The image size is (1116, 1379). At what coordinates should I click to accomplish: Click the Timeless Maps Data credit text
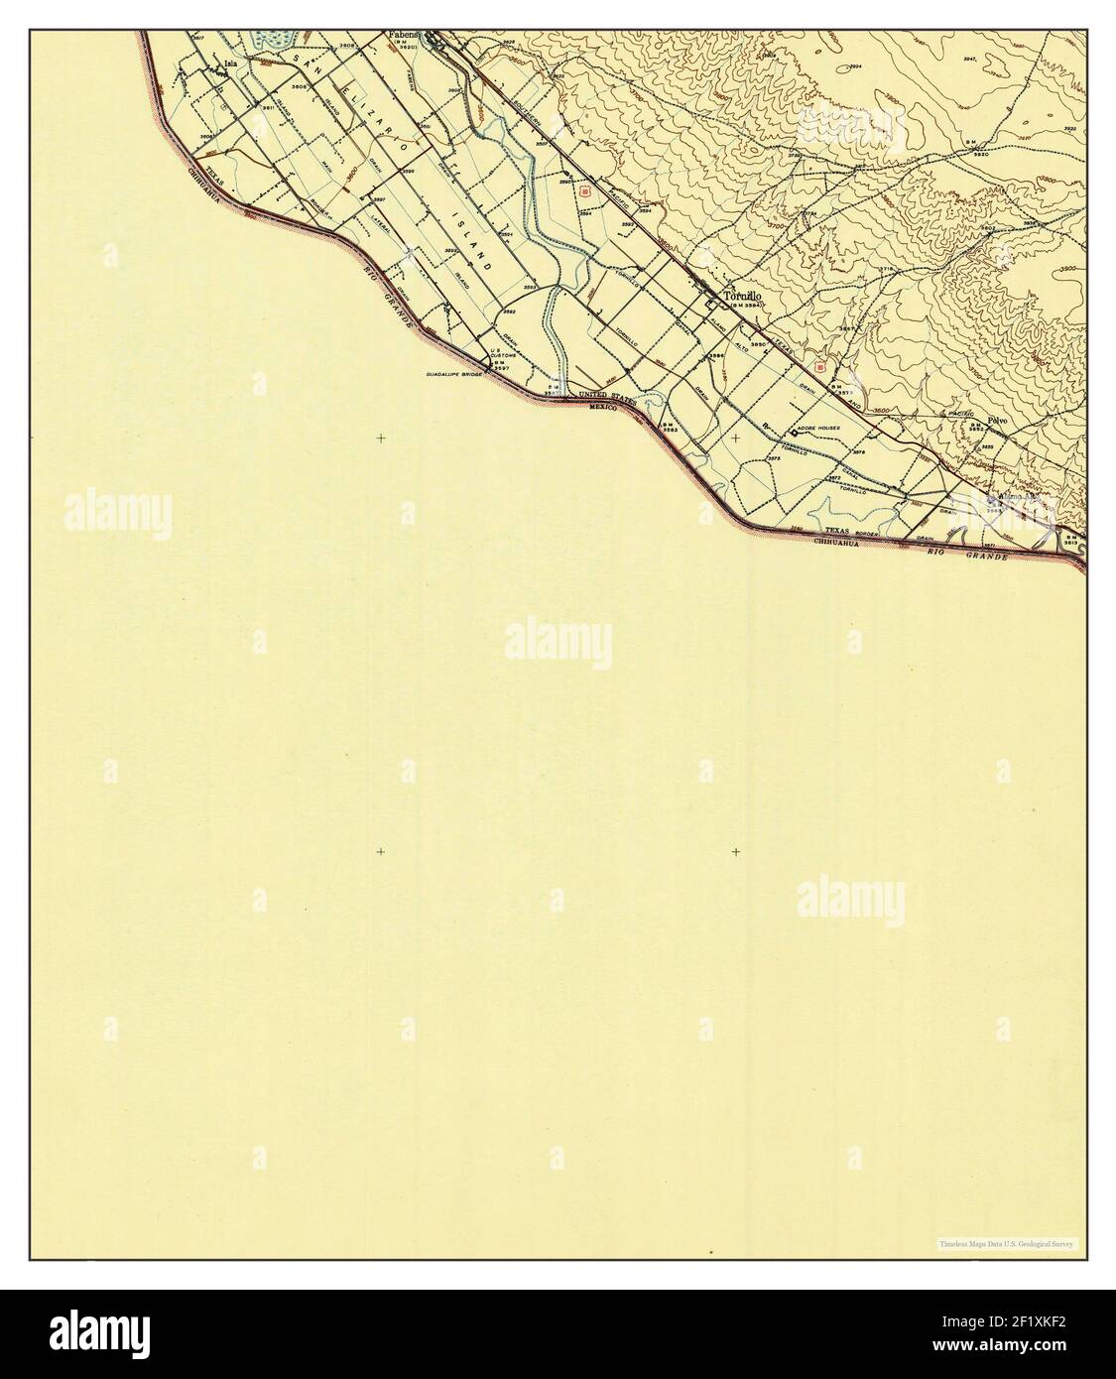coord(1007,1243)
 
